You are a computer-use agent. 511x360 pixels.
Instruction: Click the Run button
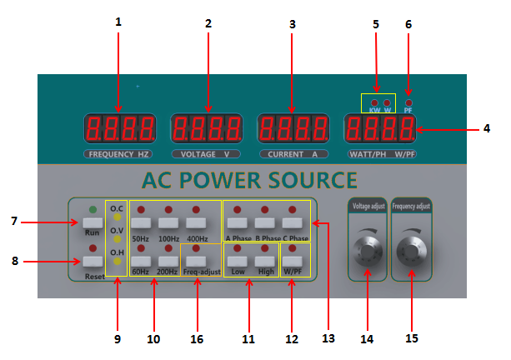point(92,222)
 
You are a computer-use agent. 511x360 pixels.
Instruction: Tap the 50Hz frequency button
point(140,223)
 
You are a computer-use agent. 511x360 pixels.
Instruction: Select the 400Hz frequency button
point(197,223)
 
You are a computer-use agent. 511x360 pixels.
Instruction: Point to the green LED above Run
point(92,208)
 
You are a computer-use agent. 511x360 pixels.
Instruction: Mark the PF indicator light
point(408,101)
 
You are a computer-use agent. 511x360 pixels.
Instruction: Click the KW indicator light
point(374,102)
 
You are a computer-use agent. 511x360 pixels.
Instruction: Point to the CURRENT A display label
point(292,155)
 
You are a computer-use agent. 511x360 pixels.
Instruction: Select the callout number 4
point(487,128)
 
